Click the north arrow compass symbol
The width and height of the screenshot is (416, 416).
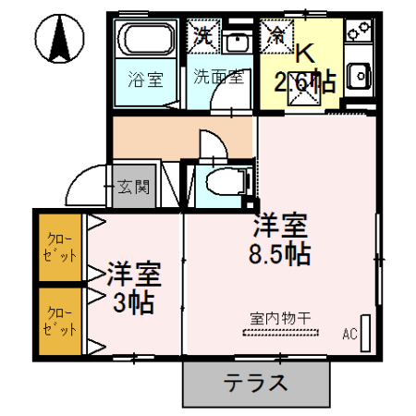click(59, 38)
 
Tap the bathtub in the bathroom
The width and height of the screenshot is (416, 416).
click(146, 39)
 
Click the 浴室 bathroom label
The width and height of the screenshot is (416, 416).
click(145, 80)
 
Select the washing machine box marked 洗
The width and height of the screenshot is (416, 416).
click(203, 36)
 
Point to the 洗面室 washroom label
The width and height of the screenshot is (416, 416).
click(218, 77)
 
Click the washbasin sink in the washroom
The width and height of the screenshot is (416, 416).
click(238, 42)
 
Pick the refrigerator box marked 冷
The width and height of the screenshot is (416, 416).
click(276, 36)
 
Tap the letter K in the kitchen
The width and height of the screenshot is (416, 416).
click(305, 54)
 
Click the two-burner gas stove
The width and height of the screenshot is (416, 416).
click(359, 30)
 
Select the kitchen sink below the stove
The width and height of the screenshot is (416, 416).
click(359, 76)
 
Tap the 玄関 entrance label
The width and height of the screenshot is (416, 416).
click(134, 187)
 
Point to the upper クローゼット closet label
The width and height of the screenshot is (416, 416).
click(60, 248)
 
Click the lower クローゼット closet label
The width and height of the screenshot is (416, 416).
click(60, 322)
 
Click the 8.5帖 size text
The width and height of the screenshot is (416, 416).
click(280, 254)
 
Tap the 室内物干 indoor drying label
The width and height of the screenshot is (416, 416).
click(280, 318)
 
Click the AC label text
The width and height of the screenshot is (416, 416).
click(349, 334)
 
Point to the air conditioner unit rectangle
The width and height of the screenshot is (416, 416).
click(365, 333)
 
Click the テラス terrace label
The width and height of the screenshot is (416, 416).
click(255, 383)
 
